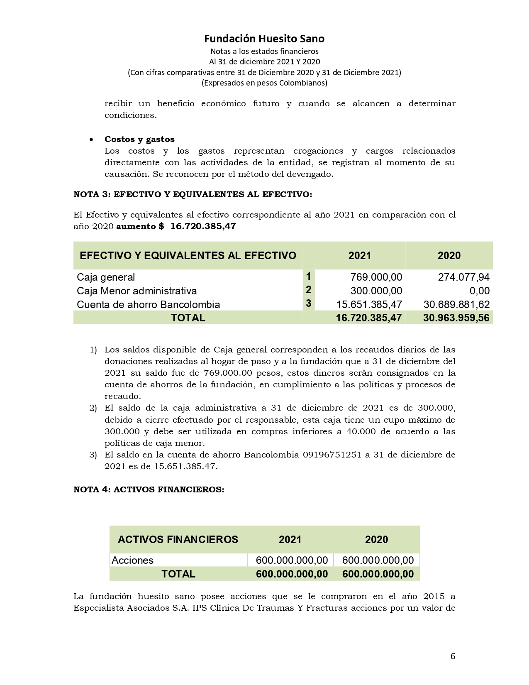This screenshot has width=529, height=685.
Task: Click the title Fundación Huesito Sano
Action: click(264, 39)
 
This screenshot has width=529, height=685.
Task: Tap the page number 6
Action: click(453, 656)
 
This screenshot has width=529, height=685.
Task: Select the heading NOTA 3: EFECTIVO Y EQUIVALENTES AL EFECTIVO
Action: click(193, 194)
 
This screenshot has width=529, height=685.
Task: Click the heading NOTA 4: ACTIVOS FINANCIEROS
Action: click(149, 489)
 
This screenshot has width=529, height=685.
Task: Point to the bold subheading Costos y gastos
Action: click(139, 139)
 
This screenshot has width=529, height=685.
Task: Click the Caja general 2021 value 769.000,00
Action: click(376, 277)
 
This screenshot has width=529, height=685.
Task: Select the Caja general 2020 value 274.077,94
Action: click(463, 277)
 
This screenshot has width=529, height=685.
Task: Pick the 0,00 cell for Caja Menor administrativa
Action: click(479, 291)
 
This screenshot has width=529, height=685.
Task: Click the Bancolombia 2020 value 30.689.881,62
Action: click(456, 304)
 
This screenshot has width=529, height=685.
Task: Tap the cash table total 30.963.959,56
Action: click(456, 318)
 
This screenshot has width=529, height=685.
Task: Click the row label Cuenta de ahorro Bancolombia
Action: click(148, 304)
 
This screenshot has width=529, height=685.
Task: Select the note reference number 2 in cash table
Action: click(308, 290)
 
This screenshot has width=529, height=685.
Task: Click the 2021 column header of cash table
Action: click(360, 256)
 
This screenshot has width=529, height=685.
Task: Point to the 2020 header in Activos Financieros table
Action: click(376, 539)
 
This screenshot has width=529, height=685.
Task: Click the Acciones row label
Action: click(132, 560)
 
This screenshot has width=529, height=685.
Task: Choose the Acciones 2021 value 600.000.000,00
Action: click(292, 560)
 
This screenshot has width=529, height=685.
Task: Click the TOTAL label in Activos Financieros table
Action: click(178, 574)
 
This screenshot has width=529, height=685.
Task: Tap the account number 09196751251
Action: click(332, 455)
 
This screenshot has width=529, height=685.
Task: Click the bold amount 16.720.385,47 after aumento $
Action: click(203, 226)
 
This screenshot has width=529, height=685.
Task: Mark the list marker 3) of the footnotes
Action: click(93, 455)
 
